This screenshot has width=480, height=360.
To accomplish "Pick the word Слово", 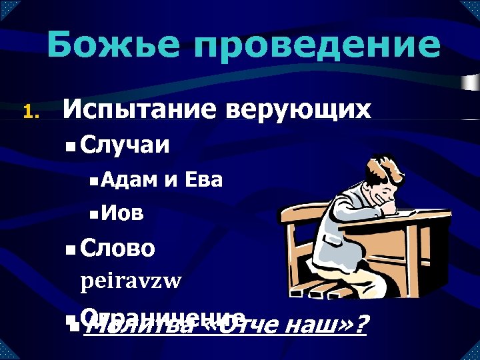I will point(117,249).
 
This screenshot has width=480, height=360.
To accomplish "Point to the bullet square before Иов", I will point(94,215).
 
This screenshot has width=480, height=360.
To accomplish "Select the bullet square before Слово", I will point(71,251).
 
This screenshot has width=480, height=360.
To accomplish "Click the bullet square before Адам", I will point(94,180).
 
